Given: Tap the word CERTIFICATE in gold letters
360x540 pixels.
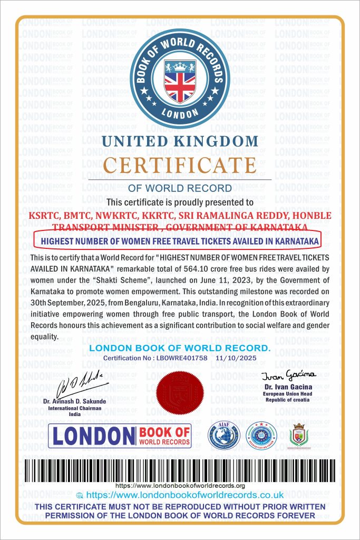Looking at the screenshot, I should coord(179,165).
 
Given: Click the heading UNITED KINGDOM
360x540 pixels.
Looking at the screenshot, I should coord(180,141).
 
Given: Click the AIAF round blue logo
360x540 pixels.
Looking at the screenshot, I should coord(224,436).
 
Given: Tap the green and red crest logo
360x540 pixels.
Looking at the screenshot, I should coord(300,435).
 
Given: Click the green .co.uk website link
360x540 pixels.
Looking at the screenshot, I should coord(184,495).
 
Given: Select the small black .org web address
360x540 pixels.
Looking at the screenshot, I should coord(180,485).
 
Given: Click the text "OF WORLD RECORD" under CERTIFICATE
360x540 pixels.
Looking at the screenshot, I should coord(180,188).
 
